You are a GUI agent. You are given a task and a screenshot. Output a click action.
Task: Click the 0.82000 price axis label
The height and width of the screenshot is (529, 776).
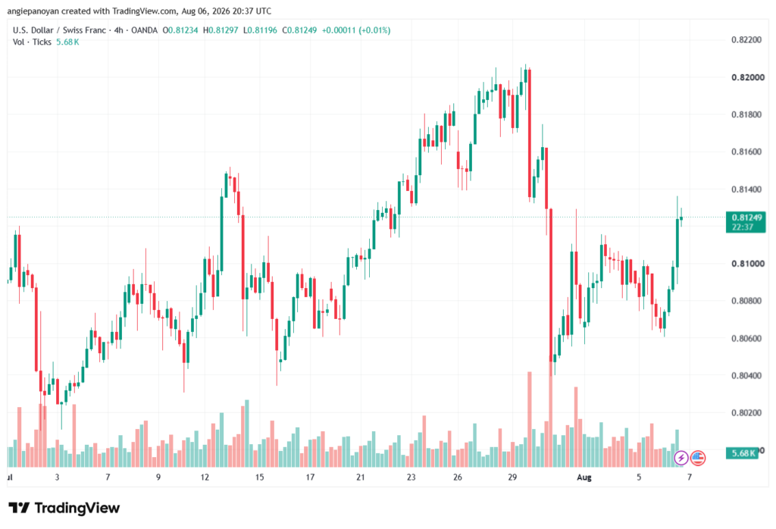click(x=748, y=77)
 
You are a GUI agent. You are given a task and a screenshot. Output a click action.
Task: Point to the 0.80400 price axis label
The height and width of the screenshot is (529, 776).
click(x=746, y=376)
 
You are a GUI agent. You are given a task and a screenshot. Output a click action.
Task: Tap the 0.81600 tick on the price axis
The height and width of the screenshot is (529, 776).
click(x=746, y=152)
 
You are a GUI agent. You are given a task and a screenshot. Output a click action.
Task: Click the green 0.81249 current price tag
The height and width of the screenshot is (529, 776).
click(x=746, y=218)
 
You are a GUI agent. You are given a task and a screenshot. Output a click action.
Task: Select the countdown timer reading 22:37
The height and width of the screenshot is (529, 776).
click(x=743, y=227)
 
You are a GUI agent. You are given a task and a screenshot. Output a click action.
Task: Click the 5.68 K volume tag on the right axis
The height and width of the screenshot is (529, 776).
click(x=743, y=452)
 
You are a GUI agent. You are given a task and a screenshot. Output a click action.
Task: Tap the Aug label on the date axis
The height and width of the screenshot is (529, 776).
click(x=584, y=477)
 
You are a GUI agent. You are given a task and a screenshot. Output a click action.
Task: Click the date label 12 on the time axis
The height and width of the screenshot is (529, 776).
click(x=205, y=477)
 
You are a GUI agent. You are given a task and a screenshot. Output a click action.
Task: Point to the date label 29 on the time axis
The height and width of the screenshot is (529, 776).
click(x=512, y=477)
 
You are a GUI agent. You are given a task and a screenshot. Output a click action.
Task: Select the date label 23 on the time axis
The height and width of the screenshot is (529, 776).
click(x=411, y=477)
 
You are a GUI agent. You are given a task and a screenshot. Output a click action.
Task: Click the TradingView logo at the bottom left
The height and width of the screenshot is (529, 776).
click(x=64, y=509)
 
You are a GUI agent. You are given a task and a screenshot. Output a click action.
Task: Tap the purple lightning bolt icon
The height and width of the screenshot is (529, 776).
click(x=681, y=458)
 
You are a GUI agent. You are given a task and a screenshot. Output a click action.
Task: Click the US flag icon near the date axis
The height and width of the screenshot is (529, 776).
click(x=698, y=458)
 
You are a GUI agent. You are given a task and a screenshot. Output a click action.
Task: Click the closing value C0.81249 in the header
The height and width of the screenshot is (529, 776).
click(x=299, y=30)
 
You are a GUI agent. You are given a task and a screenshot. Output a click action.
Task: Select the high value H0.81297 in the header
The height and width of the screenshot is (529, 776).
click(x=221, y=30)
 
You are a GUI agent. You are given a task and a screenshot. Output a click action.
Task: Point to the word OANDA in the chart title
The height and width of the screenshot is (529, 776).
click(x=144, y=30)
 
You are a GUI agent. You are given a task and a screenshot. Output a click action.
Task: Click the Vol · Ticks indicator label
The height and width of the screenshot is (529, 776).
click(x=32, y=42)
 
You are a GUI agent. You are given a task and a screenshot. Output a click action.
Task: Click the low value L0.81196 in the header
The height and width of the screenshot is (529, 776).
click(x=261, y=30)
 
